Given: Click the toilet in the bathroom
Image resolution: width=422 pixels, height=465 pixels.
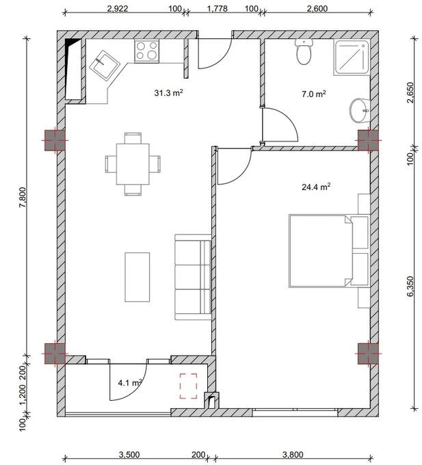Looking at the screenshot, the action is pyautogui.click(x=304, y=52).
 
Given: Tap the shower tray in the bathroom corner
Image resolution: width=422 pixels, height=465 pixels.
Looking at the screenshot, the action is pyautogui.click(x=352, y=57).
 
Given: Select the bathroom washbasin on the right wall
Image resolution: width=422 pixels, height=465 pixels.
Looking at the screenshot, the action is pyautogui.click(x=360, y=111).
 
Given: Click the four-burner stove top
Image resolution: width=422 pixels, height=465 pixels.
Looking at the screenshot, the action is pyautogui.click(x=147, y=51).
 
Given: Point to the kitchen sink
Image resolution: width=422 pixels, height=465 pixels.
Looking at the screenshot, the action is pyautogui.click(x=104, y=66).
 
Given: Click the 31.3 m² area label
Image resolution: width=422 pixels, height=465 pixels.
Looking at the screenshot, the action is pyautogui.click(x=168, y=93).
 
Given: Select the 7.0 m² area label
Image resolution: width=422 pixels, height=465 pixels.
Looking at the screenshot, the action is pyautogui.click(x=314, y=94).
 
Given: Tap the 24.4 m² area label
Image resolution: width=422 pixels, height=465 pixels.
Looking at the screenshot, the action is pyautogui.click(x=316, y=187).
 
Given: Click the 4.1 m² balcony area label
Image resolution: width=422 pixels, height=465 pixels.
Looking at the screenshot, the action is pyautogui.click(x=129, y=383).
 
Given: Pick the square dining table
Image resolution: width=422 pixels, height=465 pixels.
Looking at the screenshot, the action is pyautogui.click(x=133, y=164).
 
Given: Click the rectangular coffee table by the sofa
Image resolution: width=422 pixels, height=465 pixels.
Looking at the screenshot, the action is pyautogui.click(x=137, y=277).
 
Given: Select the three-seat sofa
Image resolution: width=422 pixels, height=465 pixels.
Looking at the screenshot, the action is pyautogui.click(x=193, y=277).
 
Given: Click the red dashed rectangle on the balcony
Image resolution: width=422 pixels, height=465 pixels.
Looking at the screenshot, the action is pyautogui.click(x=188, y=386).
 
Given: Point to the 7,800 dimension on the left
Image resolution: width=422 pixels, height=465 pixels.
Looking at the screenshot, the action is pyautogui.click(x=23, y=198).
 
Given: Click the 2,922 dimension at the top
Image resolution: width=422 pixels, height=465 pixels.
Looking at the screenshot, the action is pyautogui.click(x=118, y=8).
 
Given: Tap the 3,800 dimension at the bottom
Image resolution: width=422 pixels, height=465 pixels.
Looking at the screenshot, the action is pyautogui.click(x=293, y=454).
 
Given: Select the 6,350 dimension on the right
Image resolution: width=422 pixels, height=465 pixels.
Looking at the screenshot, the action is pyautogui.click(x=410, y=287).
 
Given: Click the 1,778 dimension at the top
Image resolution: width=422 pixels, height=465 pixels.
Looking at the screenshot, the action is pyautogui.click(x=217, y=8).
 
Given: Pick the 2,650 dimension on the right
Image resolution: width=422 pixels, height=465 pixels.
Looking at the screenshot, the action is pyautogui.click(x=410, y=92).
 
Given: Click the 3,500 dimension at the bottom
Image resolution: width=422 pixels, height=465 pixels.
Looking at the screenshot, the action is pyautogui.click(x=129, y=454).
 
